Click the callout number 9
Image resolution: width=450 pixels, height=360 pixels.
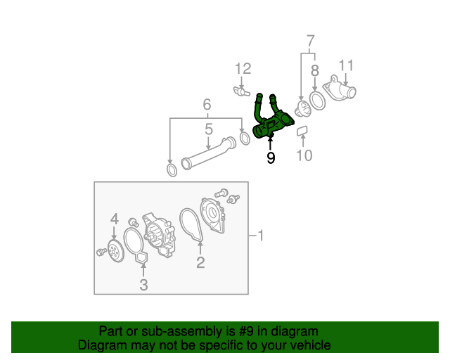tap(271, 158)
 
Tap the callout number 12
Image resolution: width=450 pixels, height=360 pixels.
tap(243, 69)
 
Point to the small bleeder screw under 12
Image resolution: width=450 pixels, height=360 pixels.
tap(243, 91)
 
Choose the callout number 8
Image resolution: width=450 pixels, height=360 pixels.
tap(314, 70)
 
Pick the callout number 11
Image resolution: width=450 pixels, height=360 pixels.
tap(345, 68)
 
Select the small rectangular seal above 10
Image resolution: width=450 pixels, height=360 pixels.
tap(302, 130)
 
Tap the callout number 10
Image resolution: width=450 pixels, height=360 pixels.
tap(303, 155)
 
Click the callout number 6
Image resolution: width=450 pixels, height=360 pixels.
tap(207, 105)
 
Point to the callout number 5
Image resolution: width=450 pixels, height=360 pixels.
tap(208, 129)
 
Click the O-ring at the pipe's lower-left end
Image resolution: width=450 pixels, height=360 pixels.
tap(172, 170)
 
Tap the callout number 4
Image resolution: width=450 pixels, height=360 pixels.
tap(114, 220)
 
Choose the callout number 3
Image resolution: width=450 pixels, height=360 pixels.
tap(143, 285)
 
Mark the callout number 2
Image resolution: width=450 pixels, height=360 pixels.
tap(200, 263)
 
